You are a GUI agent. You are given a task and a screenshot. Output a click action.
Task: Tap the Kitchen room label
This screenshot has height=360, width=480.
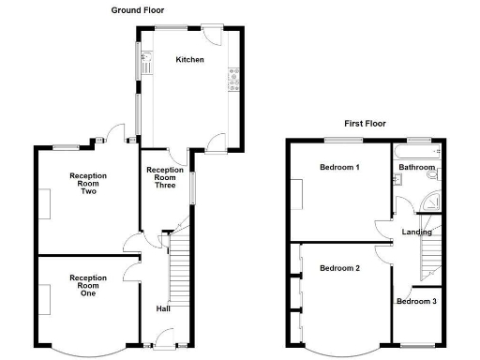tap(191, 60)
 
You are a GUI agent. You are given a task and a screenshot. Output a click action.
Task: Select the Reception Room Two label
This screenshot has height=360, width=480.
tap(88, 183)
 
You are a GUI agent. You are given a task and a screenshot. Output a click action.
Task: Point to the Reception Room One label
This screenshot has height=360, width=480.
tap(88, 285)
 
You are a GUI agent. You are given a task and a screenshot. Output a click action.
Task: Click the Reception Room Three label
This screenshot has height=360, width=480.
tap(165, 177)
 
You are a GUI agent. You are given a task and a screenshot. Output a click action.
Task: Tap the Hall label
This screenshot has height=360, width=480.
tap(163, 307)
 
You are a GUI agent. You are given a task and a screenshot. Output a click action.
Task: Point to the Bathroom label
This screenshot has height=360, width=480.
tap(417, 168)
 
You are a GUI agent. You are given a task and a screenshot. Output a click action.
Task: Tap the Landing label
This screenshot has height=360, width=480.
tap(416, 232)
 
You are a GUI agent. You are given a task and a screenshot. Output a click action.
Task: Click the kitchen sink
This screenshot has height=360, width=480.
tap(147, 64)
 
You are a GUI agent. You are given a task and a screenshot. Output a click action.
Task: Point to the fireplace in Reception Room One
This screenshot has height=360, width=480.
tap(43, 298)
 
